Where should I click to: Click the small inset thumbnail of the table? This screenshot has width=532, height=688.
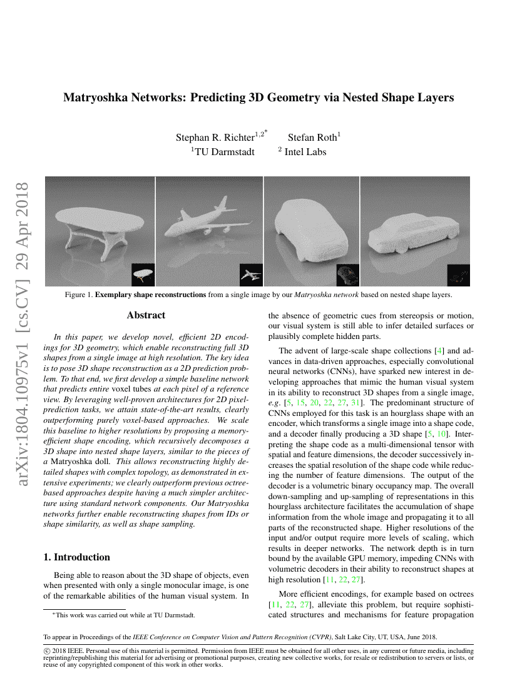(143, 274)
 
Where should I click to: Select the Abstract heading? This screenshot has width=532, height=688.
(146, 315)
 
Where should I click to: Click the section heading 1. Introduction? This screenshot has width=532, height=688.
(76, 557)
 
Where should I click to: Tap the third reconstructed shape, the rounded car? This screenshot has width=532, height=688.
(310, 228)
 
